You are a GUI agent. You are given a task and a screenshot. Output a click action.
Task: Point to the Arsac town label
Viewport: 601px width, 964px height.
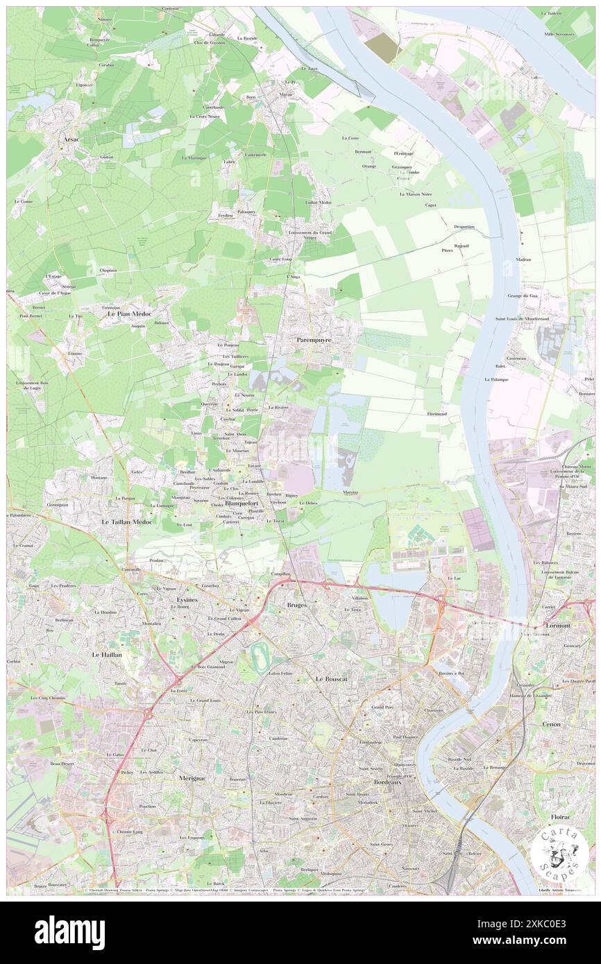pos(69,139)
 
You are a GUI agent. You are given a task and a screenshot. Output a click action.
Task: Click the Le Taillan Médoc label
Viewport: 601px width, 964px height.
pos(127,521)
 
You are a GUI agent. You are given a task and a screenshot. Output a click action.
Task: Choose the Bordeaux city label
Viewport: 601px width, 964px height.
pos(387,782)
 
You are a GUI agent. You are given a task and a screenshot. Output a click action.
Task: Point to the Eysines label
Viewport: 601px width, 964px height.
pos(187,599)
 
